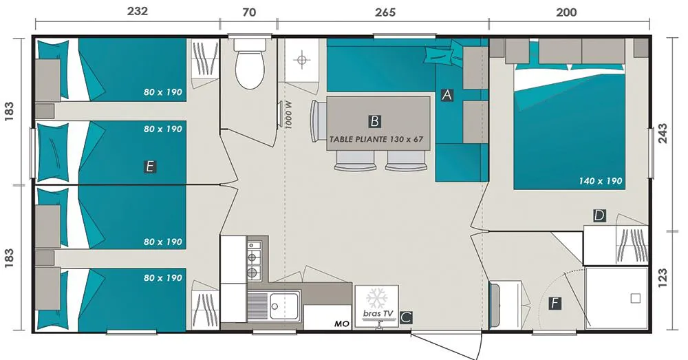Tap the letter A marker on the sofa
pos(447,95)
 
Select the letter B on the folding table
pos(374,121)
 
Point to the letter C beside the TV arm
pos(407,317)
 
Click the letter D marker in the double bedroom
pos(599,215)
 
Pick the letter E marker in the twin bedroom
pos(150,167)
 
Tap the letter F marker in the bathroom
pos(555,304)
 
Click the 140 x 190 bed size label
pos(600,181)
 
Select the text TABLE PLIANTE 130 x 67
pos(376,139)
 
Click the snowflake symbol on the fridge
pos(376,297)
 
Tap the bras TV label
pos(378,313)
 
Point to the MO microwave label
pos(342,324)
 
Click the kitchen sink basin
pos(284,306)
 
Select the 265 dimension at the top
pos(385,12)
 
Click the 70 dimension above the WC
pos(249,12)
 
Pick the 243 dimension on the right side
pos(663,134)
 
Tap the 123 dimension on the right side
pos(663,278)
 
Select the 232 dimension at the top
pos(138,12)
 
